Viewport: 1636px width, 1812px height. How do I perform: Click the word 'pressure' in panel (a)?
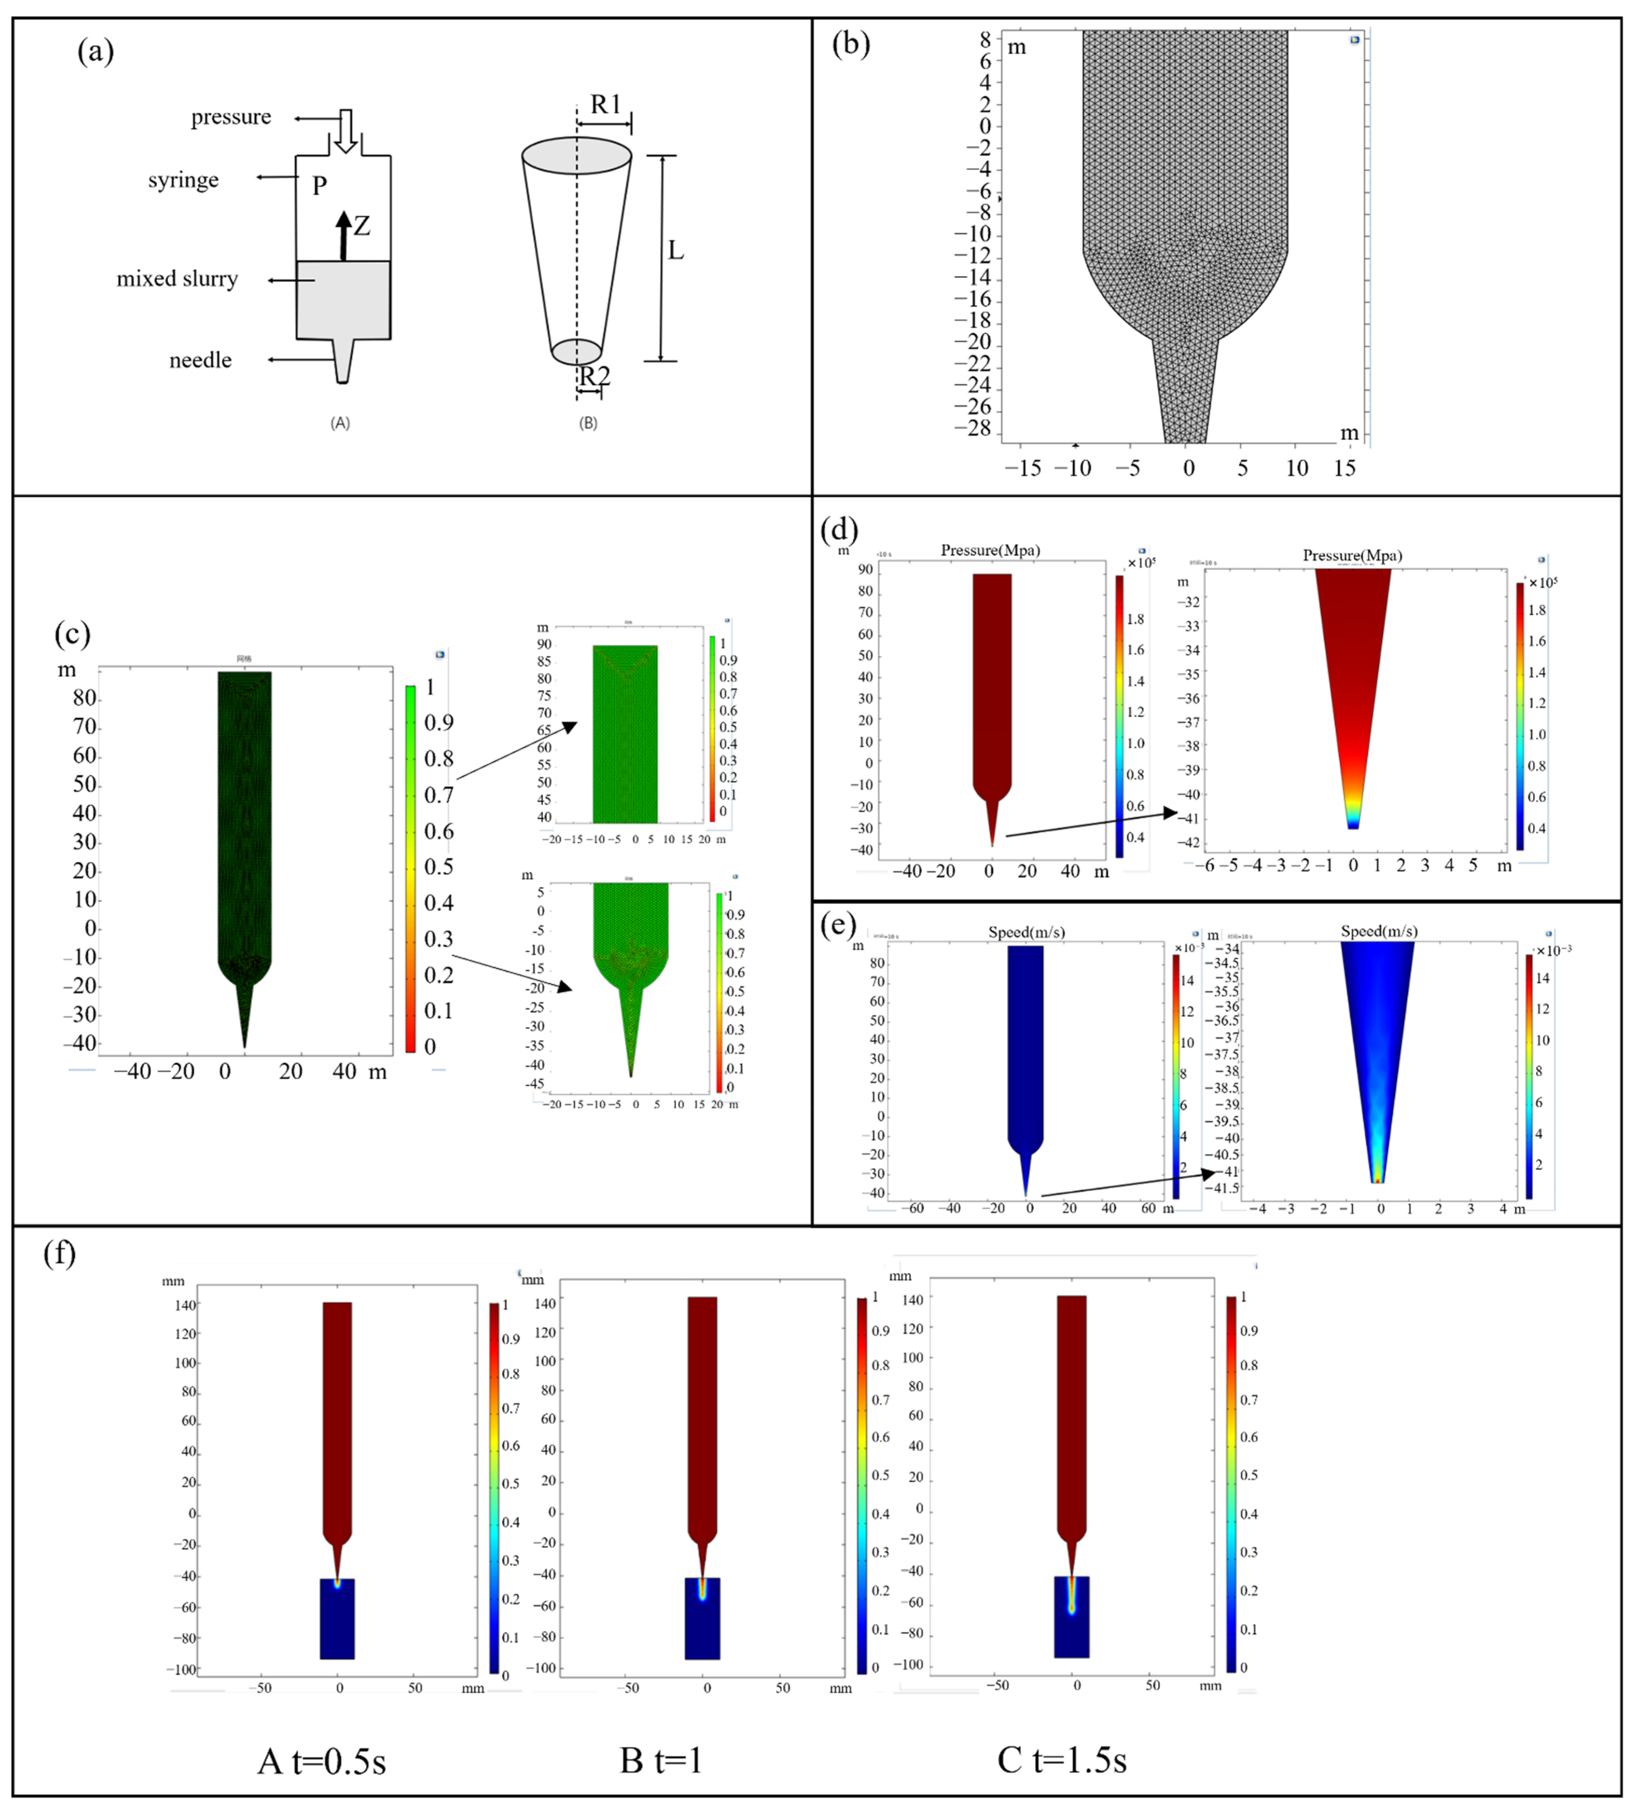click(x=231, y=117)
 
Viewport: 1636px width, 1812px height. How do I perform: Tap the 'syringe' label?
click(x=184, y=180)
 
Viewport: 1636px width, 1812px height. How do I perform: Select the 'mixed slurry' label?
click(x=177, y=279)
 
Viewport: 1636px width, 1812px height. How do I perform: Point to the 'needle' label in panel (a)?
click(x=200, y=360)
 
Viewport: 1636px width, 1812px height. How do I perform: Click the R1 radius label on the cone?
click(x=606, y=105)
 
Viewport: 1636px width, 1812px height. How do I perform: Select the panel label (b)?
click(x=850, y=43)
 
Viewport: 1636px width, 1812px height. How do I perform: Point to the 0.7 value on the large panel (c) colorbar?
click(x=439, y=794)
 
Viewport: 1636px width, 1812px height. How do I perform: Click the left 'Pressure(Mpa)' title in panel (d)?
click(x=990, y=550)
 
